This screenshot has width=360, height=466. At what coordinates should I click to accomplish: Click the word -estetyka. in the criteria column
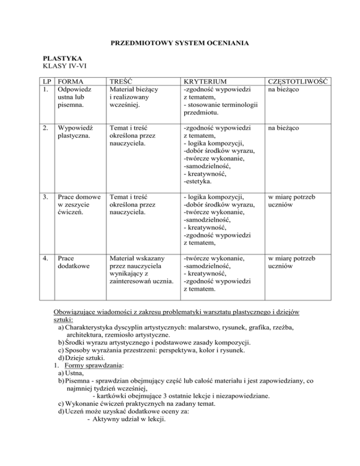pyautogui.click(x=198, y=180)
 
